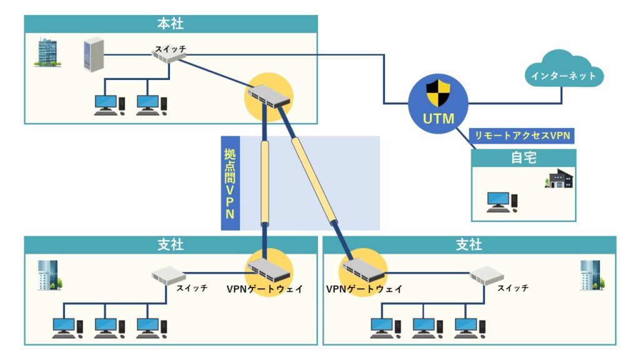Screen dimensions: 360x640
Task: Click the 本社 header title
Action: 170,24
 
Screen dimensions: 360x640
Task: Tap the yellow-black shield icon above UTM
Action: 439,93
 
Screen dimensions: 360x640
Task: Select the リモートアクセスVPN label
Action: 522,135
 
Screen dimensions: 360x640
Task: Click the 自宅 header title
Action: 523,158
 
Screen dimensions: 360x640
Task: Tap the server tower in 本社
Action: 92,54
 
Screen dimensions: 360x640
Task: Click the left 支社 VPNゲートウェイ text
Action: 266,289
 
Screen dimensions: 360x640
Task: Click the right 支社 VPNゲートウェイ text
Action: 364,289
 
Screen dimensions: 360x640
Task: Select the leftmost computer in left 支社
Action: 64,327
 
